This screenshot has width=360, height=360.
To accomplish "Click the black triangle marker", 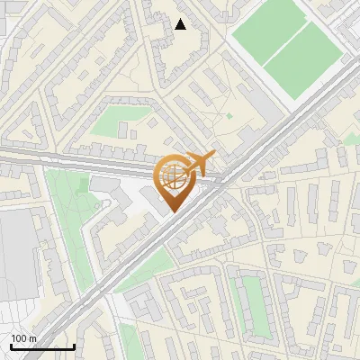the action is (x=181, y=24).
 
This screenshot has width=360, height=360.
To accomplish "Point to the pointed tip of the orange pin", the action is (x=173, y=211).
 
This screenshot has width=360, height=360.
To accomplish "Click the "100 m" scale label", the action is (x=24, y=338).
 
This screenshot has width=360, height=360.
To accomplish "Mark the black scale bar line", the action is (x=42, y=346).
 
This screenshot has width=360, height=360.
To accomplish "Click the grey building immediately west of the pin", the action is (x=135, y=198).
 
